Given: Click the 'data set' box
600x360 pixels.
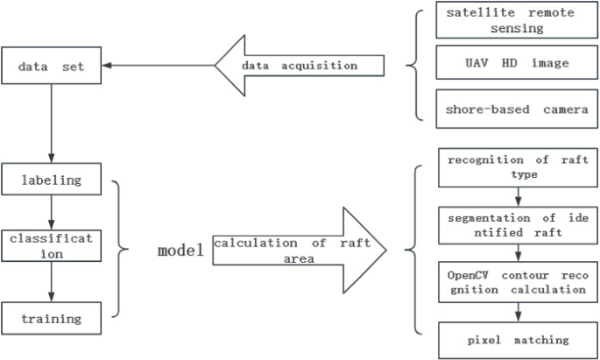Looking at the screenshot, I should pos(53,66).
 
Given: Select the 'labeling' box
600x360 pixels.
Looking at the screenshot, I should pos(53,180).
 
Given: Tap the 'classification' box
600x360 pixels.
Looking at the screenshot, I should pos(53,245).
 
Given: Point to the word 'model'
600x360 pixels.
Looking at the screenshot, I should pos(180,251).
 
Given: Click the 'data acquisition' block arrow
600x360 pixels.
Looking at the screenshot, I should pos(298,66).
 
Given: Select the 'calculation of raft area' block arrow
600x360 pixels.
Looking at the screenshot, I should pos(298,250).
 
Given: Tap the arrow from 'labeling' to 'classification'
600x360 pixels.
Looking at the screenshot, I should pos(53,212).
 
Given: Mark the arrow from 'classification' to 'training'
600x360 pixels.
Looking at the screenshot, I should pos(53,280).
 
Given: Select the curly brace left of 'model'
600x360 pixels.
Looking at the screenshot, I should pos(124,249).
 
